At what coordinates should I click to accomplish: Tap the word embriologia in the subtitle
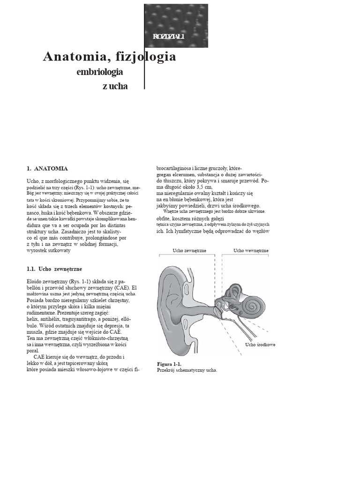tap(100, 72)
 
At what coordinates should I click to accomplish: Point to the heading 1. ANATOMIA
tap(47, 168)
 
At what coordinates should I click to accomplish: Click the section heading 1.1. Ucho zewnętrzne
tap(54, 269)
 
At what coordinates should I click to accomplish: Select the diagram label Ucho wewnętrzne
tap(251, 251)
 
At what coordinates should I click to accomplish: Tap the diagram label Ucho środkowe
tap(260, 345)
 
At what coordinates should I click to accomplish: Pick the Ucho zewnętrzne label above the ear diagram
tap(189, 251)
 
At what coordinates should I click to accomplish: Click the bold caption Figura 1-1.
tap(169, 364)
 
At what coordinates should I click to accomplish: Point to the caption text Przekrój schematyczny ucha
tap(187, 370)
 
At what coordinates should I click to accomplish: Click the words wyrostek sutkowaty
tap(49, 251)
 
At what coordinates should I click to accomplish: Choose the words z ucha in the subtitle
tap(115, 86)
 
